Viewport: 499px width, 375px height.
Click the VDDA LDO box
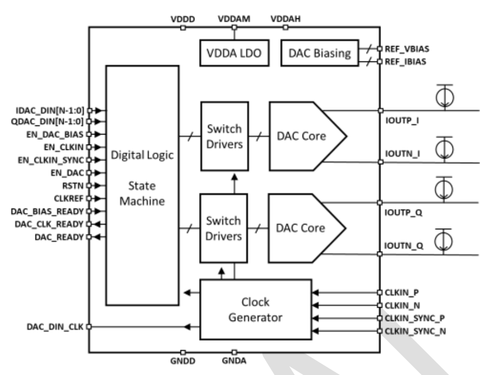point(234,53)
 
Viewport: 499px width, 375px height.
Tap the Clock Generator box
point(255,309)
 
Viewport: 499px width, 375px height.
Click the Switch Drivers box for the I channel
point(224,136)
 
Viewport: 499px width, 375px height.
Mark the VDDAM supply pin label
point(234,18)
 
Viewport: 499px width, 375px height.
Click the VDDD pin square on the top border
point(183,28)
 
